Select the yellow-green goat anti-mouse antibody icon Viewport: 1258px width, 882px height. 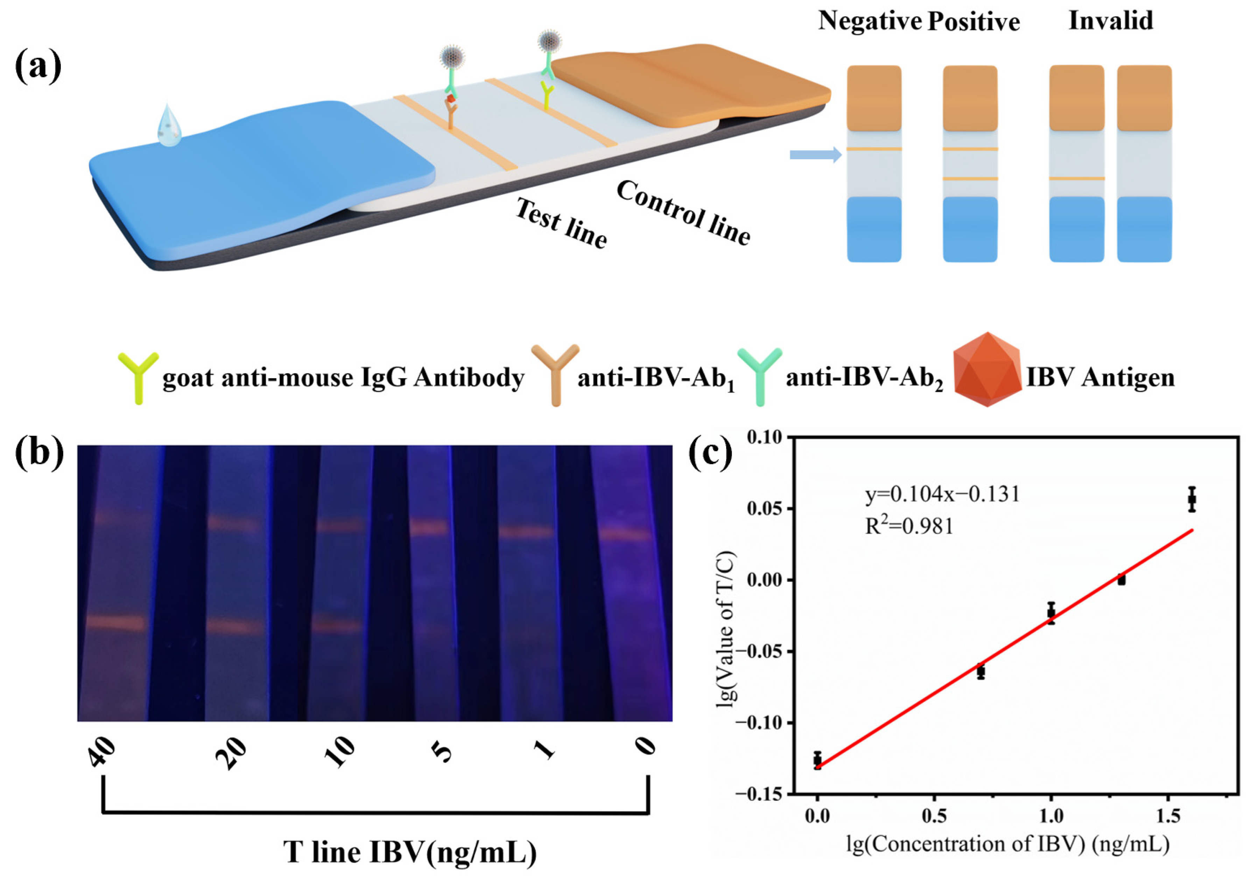click(x=139, y=377)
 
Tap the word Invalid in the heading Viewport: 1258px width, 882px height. click(x=1111, y=21)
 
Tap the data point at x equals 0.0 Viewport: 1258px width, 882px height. click(x=817, y=760)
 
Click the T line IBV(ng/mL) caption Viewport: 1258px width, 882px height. click(x=410, y=852)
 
